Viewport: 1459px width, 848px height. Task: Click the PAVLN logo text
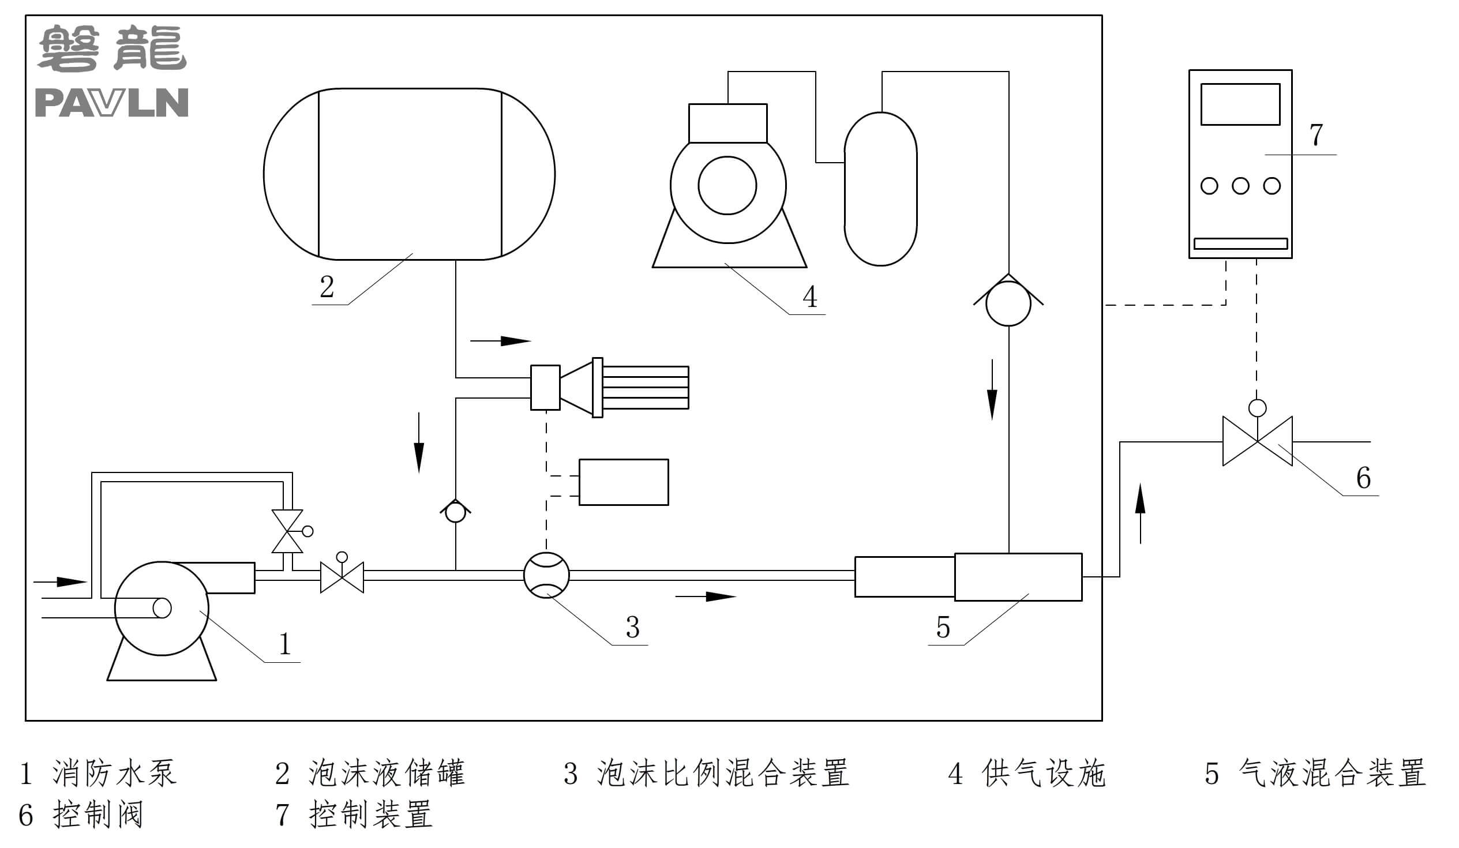pyautogui.click(x=112, y=103)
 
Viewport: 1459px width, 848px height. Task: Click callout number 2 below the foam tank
pyautogui.click(x=327, y=287)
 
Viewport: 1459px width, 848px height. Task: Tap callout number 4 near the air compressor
pyautogui.click(x=809, y=297)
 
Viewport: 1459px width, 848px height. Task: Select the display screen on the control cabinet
pyautogui.click(x=1240, y=104)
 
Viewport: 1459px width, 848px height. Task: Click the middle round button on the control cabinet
pyautogui.click(x=1240, y=186)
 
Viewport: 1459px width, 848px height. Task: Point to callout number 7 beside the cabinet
pyautogui.click(x=1316, y=135)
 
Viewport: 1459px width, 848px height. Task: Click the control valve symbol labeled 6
pyautogui.click(x=1257, y=441)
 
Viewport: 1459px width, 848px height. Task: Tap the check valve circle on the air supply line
pyautogui.click(x=1008, y=304)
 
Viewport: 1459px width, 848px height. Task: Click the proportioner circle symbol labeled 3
pyautogui.click(x=546, y=575)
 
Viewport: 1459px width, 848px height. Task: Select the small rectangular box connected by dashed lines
pyautogui.click(x=623, y=482)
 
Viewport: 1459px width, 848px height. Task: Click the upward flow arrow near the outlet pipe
pyautogui.click(x=1140, y=513)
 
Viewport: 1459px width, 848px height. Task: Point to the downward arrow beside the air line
pyautogui.click(x=992, y=389)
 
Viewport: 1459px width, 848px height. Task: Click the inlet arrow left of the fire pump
pyautogui.click(x=61, y=581)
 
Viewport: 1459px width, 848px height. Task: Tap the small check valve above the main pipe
pyautogui.click(x=455, y=511)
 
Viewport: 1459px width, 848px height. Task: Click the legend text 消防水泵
pyautogui.click(x=114, y=773)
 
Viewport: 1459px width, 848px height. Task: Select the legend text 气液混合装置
pyautogui.click(x=1332, y=773)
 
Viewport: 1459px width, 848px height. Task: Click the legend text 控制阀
pyautogui.click(x=97, y=815)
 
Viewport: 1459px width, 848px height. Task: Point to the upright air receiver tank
pyautogui.click(x=880, y=189)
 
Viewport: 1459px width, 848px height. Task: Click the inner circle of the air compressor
pyautogui.click(x=727, y=185)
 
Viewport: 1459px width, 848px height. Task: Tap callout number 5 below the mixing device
pyautogui.click(x=943, y=628)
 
